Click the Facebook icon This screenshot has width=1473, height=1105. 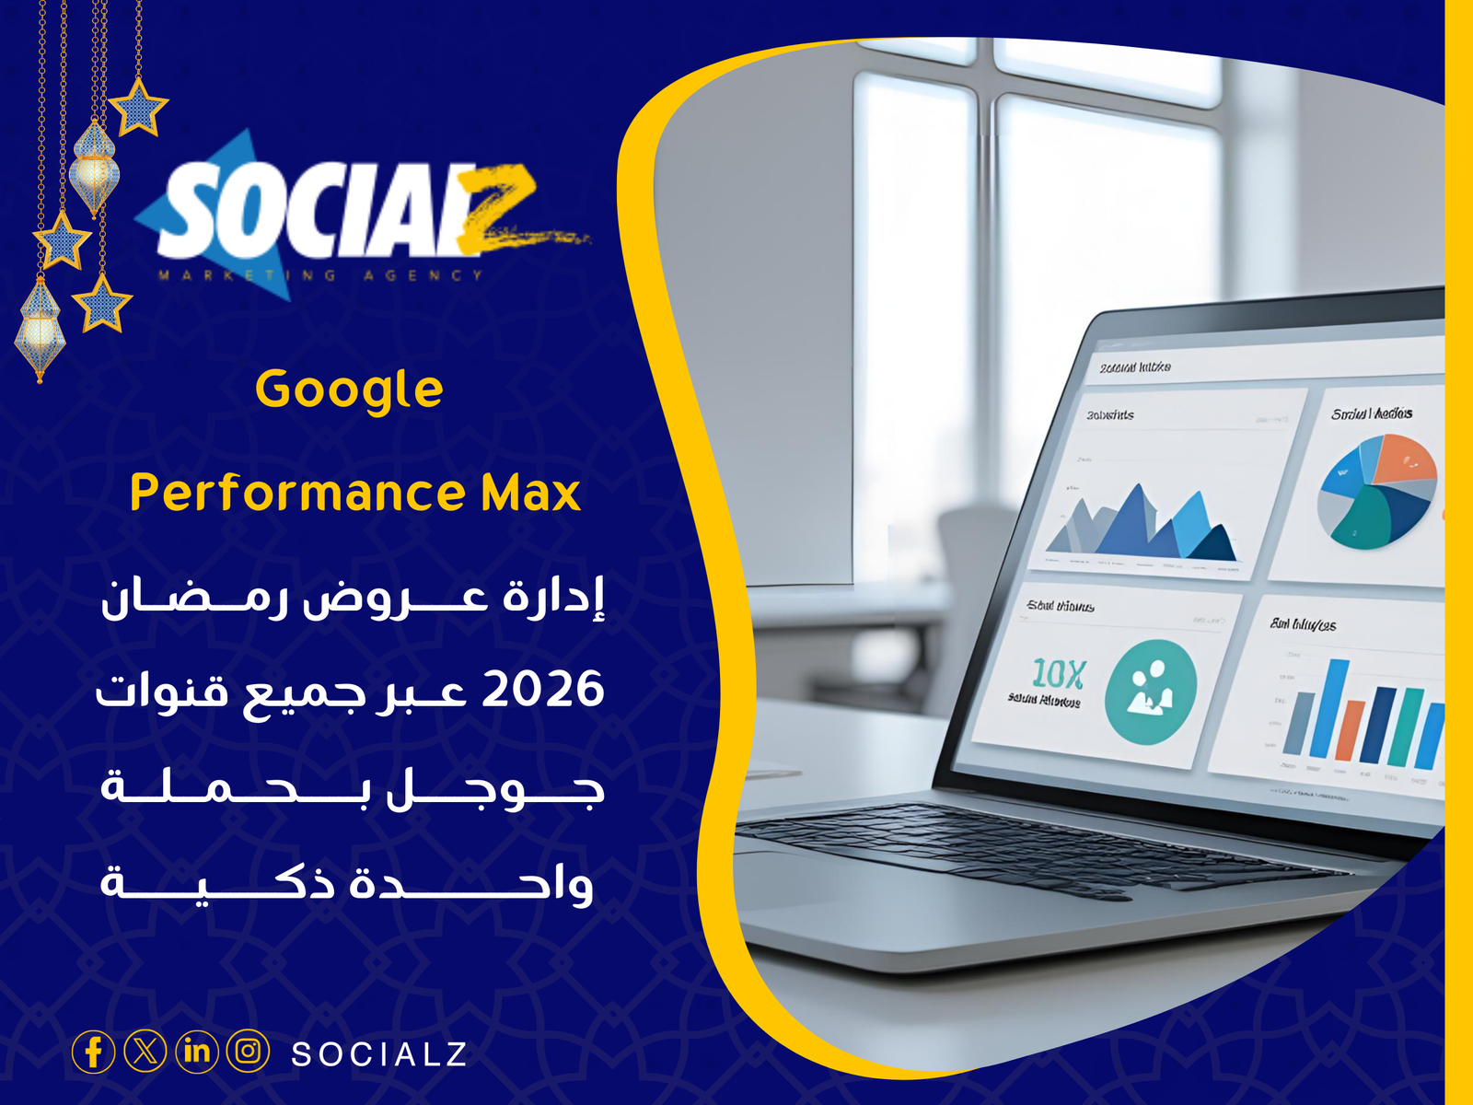93,1052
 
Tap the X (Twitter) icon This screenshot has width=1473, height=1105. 145,1051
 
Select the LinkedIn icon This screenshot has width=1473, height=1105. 196,1051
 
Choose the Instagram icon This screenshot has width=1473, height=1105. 248,1051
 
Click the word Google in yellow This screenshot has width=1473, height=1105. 349,390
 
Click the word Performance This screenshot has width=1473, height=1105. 298,493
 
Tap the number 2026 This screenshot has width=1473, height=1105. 543,690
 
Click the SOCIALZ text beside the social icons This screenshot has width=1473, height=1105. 379,1054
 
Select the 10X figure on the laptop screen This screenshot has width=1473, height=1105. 1059,674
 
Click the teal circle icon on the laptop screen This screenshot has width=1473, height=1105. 1151,691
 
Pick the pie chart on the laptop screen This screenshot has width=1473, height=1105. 1377,490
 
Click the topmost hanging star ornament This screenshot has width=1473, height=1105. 138,107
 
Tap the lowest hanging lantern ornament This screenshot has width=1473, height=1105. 40,327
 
